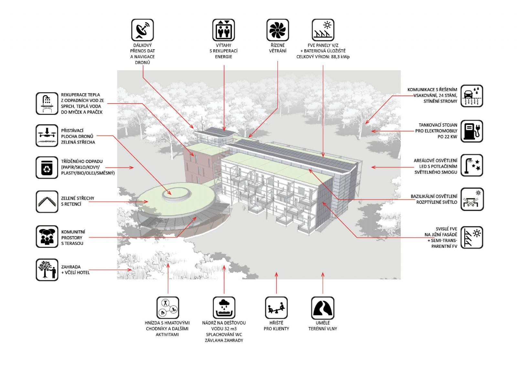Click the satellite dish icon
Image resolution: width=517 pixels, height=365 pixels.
142,30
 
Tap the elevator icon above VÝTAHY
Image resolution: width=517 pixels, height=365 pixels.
223,30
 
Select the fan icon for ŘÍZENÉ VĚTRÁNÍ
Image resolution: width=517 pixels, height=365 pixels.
278,30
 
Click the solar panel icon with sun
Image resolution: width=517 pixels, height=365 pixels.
323,30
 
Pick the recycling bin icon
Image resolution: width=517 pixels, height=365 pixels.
47,167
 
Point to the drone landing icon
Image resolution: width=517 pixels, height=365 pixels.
47,135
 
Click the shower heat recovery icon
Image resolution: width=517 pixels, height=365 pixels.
47,103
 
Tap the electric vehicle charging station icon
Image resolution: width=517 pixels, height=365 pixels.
472,131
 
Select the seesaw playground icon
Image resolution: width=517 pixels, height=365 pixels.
276,308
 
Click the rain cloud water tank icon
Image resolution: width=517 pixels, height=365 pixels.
224,308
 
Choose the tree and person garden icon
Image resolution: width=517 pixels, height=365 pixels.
47,269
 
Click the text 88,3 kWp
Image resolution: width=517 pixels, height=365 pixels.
340,57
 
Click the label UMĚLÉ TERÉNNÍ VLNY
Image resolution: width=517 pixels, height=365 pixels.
323,326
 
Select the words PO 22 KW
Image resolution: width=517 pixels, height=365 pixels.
447,137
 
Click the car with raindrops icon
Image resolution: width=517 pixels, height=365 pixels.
472,96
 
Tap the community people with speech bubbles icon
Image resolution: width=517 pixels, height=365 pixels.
47,236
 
